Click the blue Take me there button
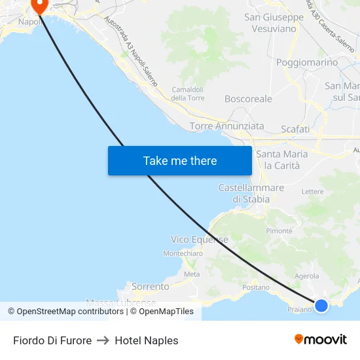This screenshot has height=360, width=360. point(180,160)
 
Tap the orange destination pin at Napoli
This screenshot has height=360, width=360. point(39,5)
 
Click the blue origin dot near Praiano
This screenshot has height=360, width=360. point(321,305)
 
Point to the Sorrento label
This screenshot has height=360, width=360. point(151,286)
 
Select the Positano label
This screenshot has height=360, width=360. point(256,287)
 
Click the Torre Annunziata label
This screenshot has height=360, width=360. point(227,126)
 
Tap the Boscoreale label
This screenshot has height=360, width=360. point(248,99)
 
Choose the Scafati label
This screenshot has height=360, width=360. point(295,129)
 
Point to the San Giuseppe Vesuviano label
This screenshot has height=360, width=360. point(274,23)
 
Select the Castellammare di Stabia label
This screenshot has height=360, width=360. point(251,193)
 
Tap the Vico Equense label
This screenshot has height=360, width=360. point(200,240)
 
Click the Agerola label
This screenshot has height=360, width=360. point(307,276)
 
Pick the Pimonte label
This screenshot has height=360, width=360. point(279,231)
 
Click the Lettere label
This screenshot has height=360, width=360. point(313,192)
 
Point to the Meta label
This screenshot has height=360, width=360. point(192,274)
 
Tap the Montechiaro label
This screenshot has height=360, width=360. point(183,253)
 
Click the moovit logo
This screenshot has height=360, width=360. point(321,339)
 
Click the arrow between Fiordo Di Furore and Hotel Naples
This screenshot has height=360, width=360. point(103,340)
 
